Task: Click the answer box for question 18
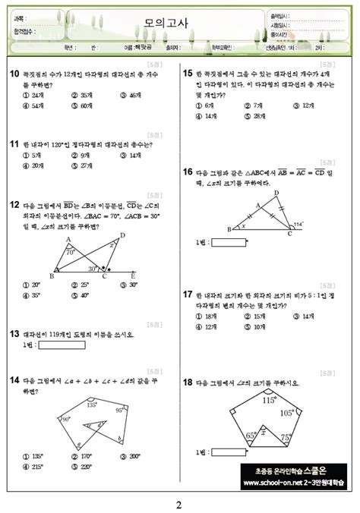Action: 230,452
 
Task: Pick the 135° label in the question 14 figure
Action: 92,405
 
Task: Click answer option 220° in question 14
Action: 81,467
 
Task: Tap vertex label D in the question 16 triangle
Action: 276,193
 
